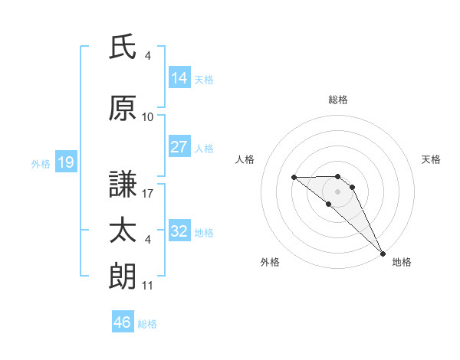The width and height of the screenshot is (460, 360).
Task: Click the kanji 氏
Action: [123, 47]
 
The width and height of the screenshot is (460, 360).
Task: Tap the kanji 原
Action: [123, 109]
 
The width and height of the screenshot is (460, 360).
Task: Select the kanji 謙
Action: [123, 185]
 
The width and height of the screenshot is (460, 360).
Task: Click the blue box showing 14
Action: [179, 78]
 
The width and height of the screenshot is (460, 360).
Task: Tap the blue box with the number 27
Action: [179, 148]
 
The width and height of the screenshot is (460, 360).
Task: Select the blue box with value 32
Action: [179, 232]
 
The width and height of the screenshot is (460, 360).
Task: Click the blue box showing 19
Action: [65, 162]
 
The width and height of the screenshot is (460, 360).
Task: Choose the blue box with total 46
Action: [123, 322]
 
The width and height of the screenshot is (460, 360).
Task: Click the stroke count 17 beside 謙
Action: [148, 194]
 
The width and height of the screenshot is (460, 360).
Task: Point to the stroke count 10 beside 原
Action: [148, 117]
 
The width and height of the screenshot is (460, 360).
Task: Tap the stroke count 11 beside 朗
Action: [148, 286]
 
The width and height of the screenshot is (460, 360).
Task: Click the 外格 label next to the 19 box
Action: [41, 163]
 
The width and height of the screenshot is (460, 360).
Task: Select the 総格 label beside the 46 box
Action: [148, 324]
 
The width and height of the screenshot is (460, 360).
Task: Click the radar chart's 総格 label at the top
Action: [338, 100]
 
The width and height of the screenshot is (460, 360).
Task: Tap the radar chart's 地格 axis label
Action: [402, 262]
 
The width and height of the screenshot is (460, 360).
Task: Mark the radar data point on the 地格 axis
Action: [383, 253]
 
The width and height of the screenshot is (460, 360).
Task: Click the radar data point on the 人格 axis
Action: [294, 178]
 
